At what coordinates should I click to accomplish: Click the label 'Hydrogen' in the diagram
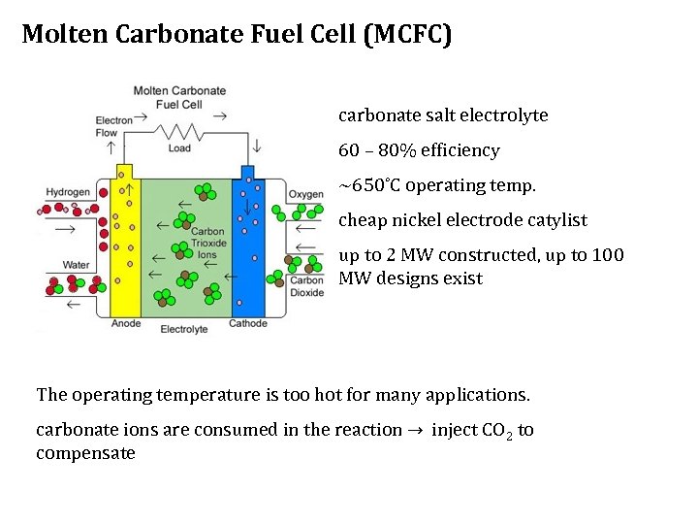pos(68,192)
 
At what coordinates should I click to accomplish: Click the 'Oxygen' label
pos(306,194)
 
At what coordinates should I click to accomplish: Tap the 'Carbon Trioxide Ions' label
pos(208,243)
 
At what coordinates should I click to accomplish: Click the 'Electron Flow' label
pos(113,126)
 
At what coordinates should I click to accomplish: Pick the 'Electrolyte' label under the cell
pos(184,329)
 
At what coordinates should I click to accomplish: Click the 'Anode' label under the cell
pos(126,323)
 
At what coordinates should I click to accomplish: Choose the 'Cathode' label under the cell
pos(248,323)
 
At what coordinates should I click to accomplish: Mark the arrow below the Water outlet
pos(73,305)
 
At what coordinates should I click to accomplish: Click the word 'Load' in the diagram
pos(179,148)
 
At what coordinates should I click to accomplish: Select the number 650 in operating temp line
pos(366,185)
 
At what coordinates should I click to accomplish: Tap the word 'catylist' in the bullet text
pos(555,220)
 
